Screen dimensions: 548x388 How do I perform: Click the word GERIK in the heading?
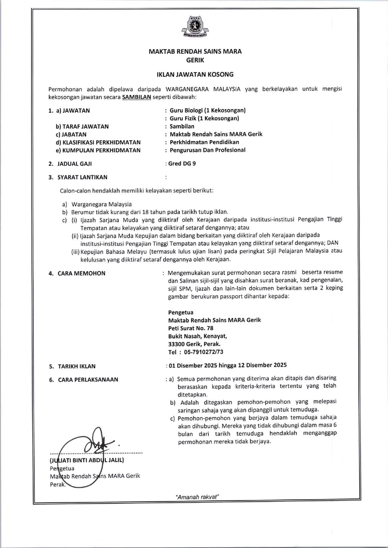click(195, 60)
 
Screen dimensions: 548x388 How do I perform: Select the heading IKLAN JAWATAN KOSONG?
click(195, 75)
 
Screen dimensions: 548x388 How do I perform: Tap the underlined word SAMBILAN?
click(137, 97)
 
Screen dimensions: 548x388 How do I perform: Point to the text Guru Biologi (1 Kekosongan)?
click(208, 110)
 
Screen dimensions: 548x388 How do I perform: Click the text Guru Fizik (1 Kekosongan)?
click(204, 118)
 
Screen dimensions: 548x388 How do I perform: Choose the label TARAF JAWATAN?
click(86, 126)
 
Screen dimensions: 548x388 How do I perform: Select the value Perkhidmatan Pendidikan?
click(204, 142)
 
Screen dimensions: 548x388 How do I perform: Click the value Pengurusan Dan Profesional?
click(207, 150)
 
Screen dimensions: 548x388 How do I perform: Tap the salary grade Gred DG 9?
click(182, 164)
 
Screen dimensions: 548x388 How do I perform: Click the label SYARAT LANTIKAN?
click(82, 177)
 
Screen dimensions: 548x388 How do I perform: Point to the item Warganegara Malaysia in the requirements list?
click(102, 204)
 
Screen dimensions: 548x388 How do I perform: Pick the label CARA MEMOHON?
click(82, 274)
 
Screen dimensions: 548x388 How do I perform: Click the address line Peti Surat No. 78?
click(190, 328)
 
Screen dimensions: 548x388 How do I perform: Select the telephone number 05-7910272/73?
click(203, 352)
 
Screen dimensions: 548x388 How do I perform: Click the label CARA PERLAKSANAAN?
click(88, 380)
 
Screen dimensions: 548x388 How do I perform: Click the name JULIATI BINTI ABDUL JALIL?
click(87, 460)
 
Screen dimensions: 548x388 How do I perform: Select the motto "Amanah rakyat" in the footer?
click(197, 497)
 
